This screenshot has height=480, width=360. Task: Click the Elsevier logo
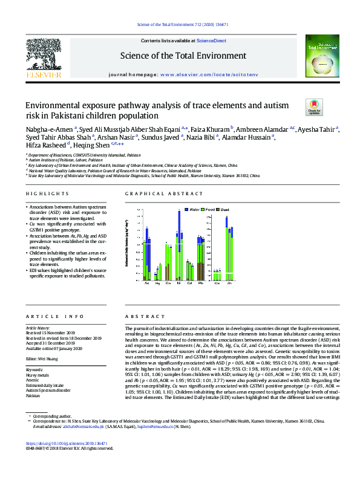(43, 59)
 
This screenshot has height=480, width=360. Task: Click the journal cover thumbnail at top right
(317, 57)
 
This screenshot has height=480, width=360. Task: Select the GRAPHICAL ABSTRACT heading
(164, 193)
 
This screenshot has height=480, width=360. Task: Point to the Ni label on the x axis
(179, 283)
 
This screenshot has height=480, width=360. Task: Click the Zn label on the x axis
(231, 283)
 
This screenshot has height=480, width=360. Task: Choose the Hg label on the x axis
(157, 283)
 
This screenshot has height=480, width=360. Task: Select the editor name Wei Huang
(50, 359)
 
